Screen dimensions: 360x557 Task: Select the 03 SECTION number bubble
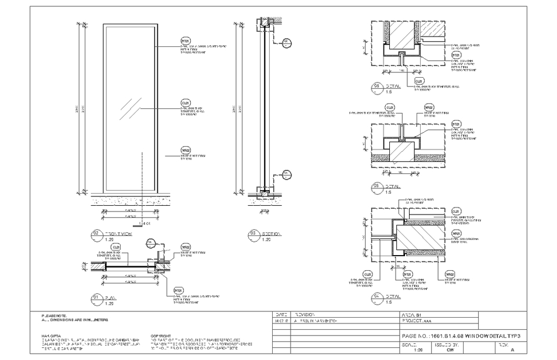coord(253,235)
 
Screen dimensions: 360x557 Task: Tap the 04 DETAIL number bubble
coord(377,299)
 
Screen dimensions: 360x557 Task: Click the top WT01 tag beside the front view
coord(186,42)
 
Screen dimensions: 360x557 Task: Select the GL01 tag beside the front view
coord(186,102)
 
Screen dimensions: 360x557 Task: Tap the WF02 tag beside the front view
coord(186,150)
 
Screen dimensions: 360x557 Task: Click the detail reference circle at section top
coord(286,42)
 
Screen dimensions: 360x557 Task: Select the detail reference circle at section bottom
coord(286,173)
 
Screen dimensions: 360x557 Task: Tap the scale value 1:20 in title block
coord(417,350)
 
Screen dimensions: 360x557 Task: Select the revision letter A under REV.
coord(511,350)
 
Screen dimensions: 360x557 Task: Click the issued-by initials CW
coord(450,350)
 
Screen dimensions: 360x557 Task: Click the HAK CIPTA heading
coord(51,336)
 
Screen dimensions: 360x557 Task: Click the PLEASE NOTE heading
coord(54,315)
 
